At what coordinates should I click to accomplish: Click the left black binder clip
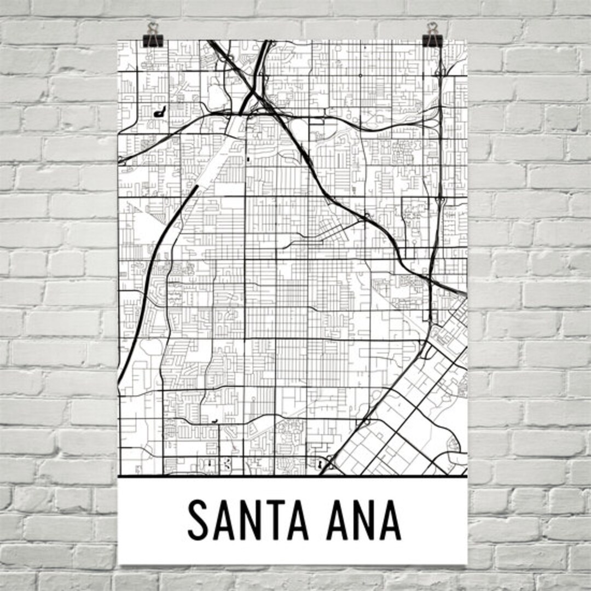click(151, 39)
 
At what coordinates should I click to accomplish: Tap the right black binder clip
click(432, 39)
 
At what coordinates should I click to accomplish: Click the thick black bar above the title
click(293, 477)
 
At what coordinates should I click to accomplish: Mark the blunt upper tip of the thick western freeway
click(195, 188)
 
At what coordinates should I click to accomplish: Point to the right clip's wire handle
click(433, 28)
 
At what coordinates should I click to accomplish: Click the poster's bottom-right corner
click(467, 563)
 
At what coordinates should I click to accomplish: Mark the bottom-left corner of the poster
click(119, 563)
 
